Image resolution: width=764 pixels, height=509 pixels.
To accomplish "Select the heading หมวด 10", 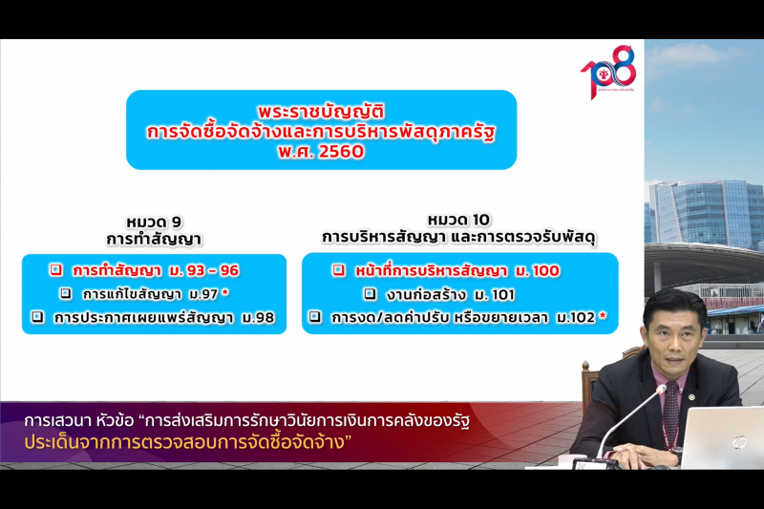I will point(458,220).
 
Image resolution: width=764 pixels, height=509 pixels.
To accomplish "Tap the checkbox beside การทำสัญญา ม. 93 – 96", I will point(56,270).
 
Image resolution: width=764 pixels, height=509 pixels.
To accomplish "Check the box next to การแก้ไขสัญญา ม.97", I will point(66,293).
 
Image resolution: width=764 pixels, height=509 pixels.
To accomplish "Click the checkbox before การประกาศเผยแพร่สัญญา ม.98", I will point(37,317).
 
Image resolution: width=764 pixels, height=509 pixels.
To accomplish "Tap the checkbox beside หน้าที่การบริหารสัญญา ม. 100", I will point(338,270).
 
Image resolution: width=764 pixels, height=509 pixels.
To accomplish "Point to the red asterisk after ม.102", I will point(603,316).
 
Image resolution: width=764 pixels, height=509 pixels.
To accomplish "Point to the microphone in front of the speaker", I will point(659,392).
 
